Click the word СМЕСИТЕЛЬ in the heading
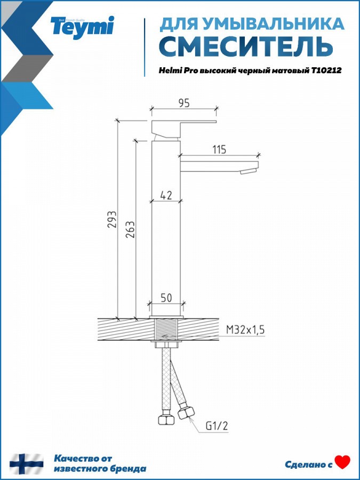(x=246, y=46)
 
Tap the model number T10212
(x=326, y=70)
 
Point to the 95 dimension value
(x=183, y=103)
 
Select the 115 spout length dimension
(x=219, y=149)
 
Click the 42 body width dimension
(x=166, y=195)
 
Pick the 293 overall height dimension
(x=113, y=219)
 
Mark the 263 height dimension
(x=131, y=229)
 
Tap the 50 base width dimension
(x=166, y=298)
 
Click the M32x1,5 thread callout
(x=245, y=330)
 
